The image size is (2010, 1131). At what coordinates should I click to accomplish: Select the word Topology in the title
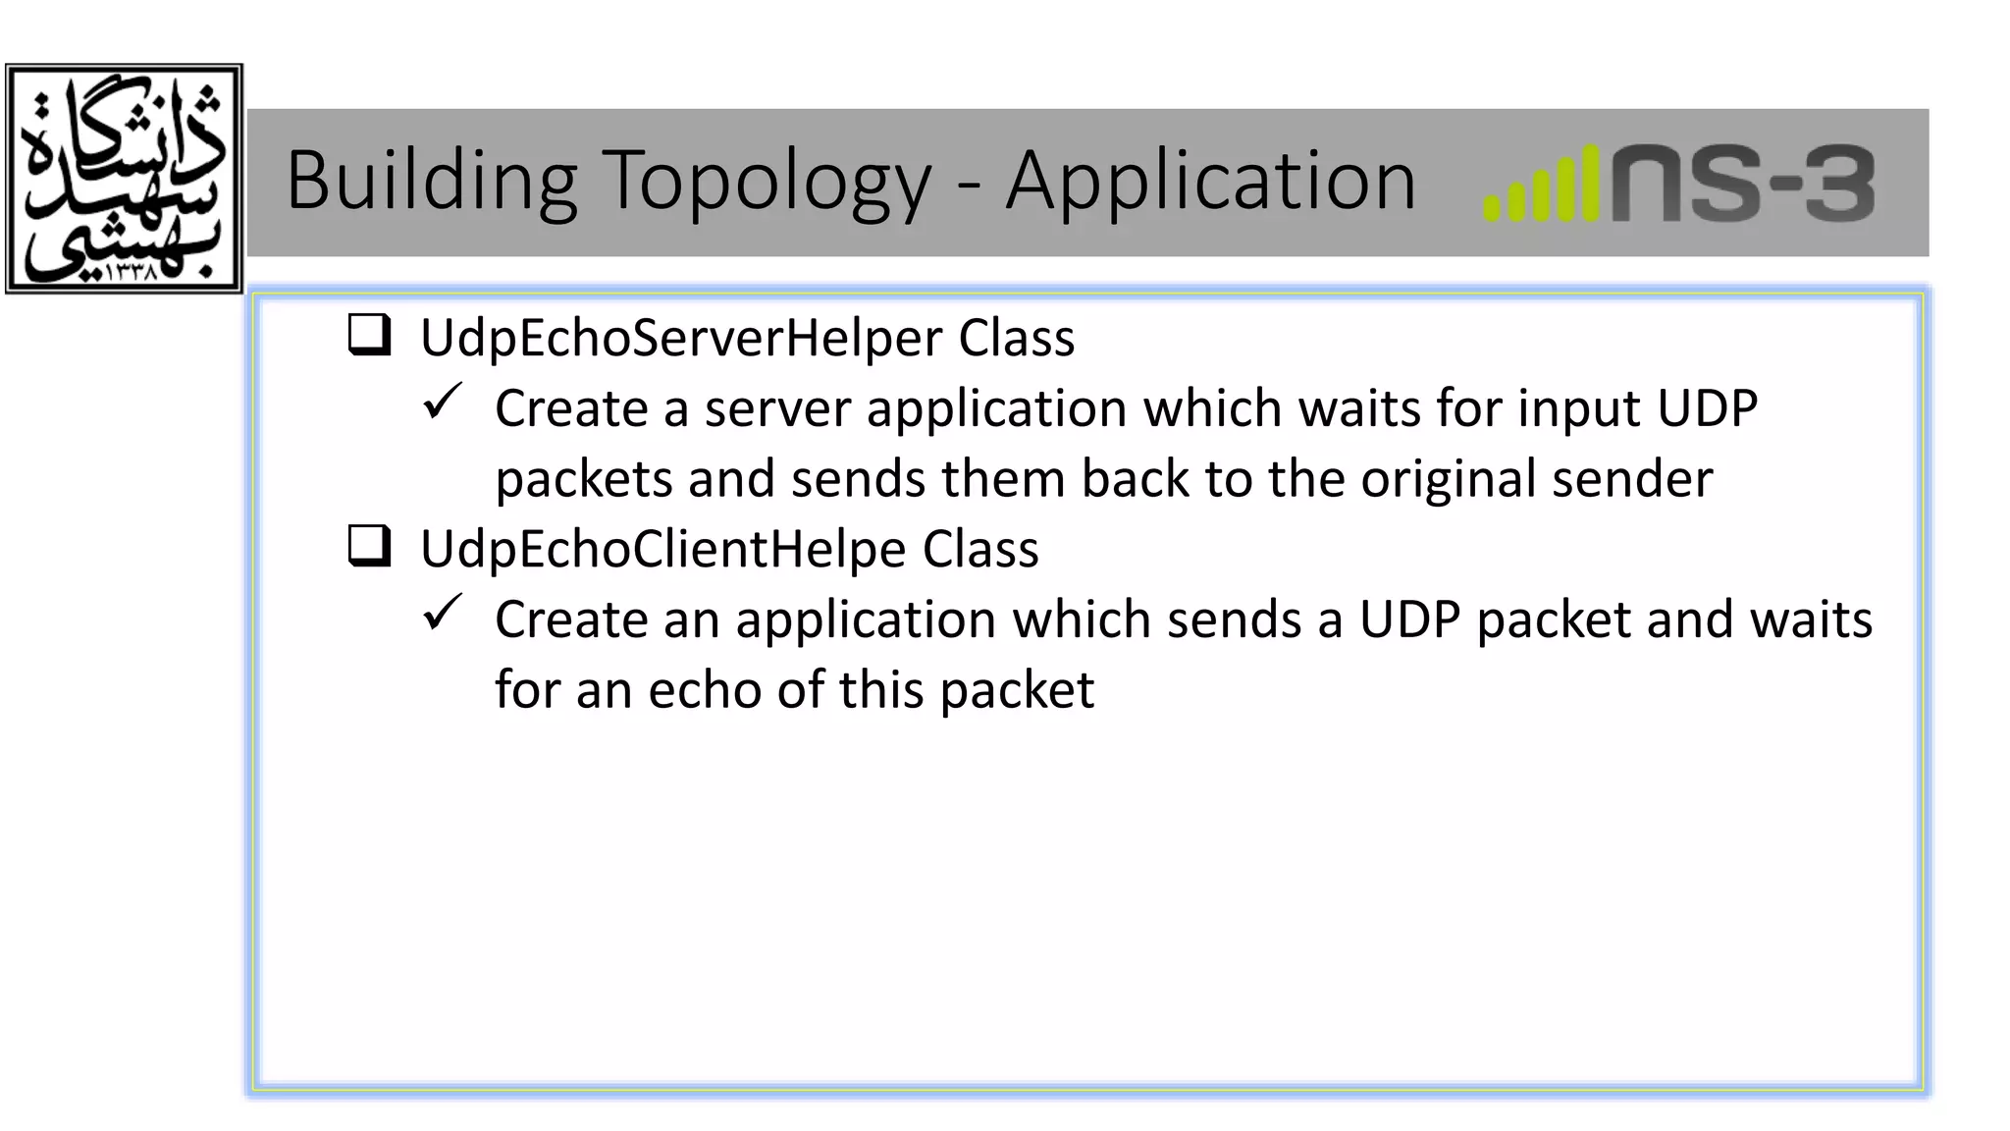(x=766, y=182)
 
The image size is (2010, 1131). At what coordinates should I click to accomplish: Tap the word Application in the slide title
(x=1210, y=182)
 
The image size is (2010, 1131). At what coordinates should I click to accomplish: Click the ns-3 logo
(x=1742, y=185)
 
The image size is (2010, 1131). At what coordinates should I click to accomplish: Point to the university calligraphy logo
(x=124, y=179)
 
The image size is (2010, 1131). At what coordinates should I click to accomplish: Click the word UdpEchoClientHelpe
(x=662, y=549)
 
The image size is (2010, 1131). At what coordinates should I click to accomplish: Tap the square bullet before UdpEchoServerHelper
(x=370, y=336)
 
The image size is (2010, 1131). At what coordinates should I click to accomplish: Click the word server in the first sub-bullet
(x=777, y=409)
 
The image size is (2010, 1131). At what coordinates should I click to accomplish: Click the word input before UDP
(x=1579, y=409)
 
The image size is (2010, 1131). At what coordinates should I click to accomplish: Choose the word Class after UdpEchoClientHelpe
(x=979, y=549)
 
